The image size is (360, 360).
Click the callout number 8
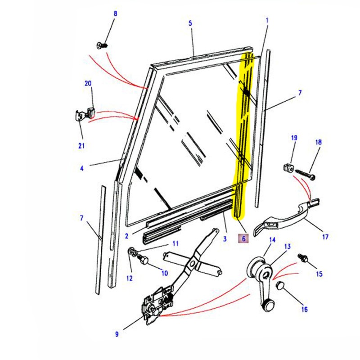(115, 14)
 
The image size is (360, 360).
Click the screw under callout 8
(102, 45)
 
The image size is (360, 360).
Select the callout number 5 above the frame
(190, 23)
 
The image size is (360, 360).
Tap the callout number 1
(267, 20)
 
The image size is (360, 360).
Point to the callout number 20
(88, 84)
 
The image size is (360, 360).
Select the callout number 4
(82, 169)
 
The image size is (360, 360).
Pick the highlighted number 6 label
(243, 239)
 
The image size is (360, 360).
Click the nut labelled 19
(288, 169)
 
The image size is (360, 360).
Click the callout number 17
(325, 237)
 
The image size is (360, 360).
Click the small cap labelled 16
(281, 285)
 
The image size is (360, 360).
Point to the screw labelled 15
(302, 258)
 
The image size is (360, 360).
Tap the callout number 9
(117, 334)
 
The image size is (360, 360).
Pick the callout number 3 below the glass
(225, 239)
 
